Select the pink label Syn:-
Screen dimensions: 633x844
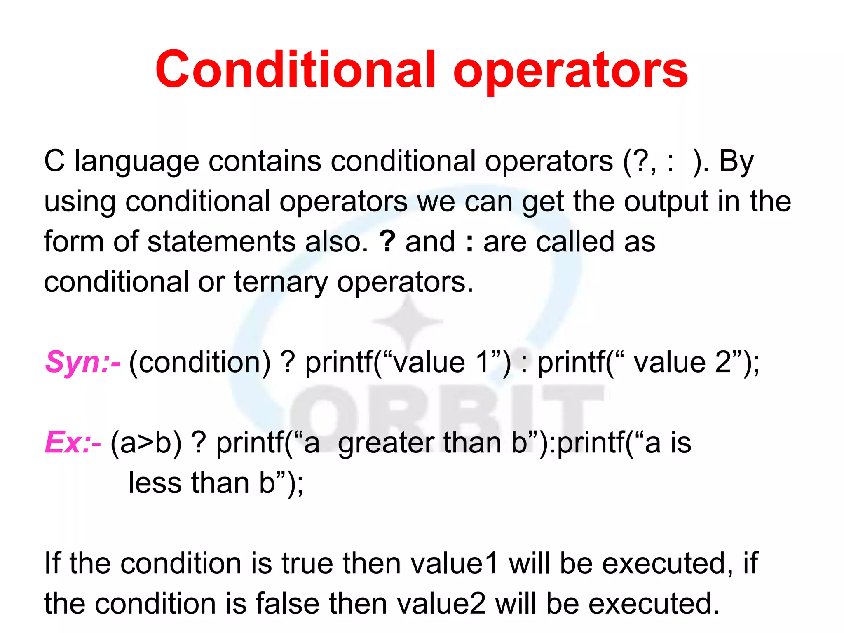[x=83, y=362]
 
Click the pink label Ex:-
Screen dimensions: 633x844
[x=73, y=442]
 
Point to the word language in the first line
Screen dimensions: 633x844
[x=137, y=162]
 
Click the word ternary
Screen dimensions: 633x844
[x=281, y=283]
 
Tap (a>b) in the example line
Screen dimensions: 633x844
[x=146, y=443]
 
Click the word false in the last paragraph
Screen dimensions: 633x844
[x=287, y=603]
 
